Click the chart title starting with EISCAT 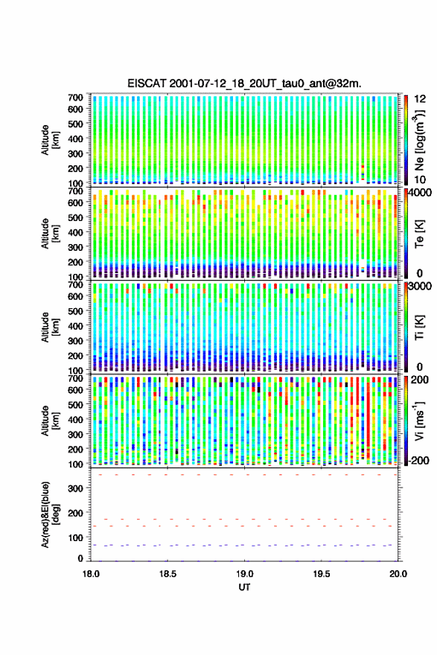[x=244, y=83]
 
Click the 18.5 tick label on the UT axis [x=168, y=574]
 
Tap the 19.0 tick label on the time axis [x=244, y=574]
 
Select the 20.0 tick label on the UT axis [x=398, y=574]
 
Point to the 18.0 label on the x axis [x=91, y=574]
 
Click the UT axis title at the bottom [x=244, y=587]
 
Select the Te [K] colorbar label [x=419, y=234]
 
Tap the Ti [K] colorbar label [x=419, y=327]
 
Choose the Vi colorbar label [x=419, y=421]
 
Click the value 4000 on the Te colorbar [x=421, y=193]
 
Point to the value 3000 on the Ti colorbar [x=421, y=286]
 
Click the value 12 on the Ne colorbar [x=420, y=99]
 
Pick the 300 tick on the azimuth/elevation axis [x=76, y=488]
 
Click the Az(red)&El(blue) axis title [x=51, y=514]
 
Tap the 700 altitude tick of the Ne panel [x=76, y=98]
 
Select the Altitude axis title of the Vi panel [x=51, y=421]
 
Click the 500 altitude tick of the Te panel [x=76, y=217]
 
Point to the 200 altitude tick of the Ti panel [x=76, y=356]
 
